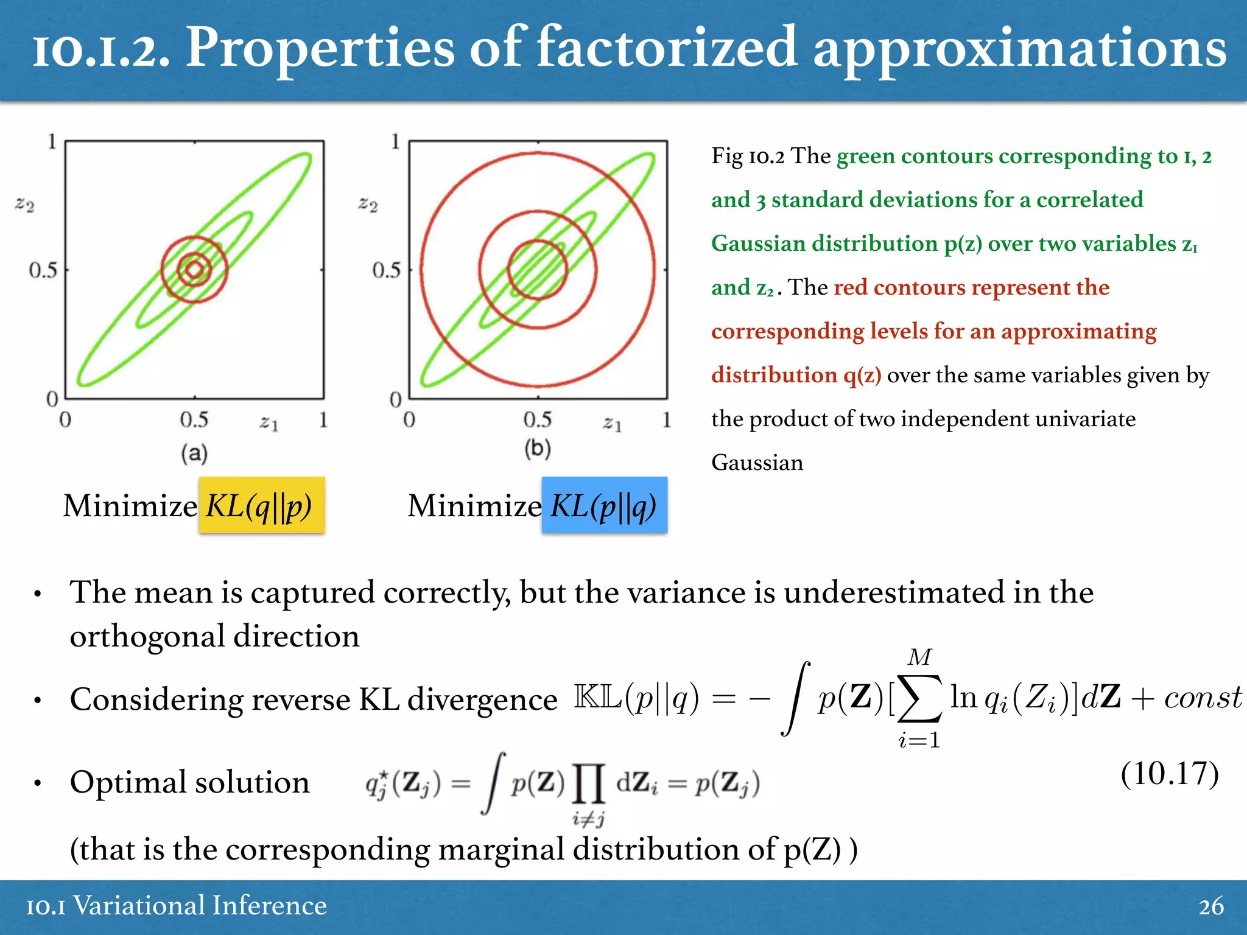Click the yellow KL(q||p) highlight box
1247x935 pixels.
(x=261, y=505)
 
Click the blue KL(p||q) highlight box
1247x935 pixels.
(x=604, y=505)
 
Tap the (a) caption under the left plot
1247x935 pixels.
(x=194, y=453)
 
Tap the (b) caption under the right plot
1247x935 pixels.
(x=538, y=449)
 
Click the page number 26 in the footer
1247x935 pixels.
(x=1210, y=906)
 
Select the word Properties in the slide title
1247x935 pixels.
(x=320, y=49)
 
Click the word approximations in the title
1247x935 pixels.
(x=1020, y=49)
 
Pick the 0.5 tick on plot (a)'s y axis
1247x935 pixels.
(x=43, y=270)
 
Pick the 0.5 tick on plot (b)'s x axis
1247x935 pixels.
(x=537, y=419)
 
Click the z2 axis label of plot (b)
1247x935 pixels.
(x=368, y=204)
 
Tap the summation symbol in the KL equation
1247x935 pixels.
(x=919, y=698)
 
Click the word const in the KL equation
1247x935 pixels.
(x=1203, y=698)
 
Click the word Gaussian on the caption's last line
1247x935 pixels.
(x=757, y=463)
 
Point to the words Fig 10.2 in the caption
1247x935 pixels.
(x=748, y=156)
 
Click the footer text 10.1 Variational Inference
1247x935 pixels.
(x=177, y=906)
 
